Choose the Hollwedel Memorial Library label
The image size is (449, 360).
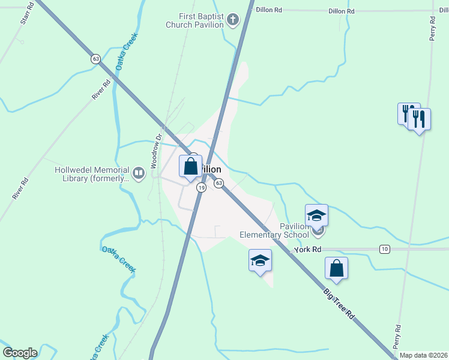(x=92, y=174)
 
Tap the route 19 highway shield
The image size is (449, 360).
(x=202, y=188)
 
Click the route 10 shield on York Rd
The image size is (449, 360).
(x=385, y=249)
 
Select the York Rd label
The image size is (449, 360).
(x=308, y=249)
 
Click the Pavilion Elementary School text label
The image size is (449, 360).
(x=274, y=230)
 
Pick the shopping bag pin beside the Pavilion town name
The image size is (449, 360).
(x=191, y=166)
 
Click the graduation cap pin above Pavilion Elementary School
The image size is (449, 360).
(x=316, y=215)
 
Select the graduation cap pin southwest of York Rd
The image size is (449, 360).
(x=260, y=261)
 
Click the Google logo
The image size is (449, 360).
(x=20, y=353)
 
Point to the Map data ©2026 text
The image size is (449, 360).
(x=424, y=355)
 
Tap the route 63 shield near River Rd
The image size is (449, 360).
(x=95, y=59)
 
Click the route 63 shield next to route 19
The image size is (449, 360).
(x=219, y=182)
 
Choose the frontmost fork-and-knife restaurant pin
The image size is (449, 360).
(x=419, y=119)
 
